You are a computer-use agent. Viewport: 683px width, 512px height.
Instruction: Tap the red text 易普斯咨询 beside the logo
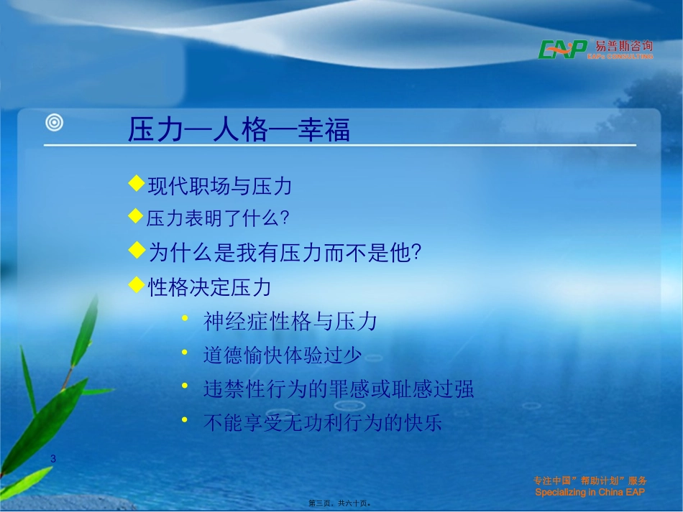click(620, 46)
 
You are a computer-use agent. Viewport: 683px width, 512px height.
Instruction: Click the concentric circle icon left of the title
click(55, 123)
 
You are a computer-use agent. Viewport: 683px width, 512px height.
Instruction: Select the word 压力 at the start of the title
click(152, 130)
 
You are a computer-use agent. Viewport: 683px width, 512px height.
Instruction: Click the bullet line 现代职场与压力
click(219, 187)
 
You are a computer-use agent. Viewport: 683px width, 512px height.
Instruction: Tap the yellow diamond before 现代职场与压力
click(136, 185)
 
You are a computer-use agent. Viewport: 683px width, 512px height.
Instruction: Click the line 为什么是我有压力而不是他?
click(284, 252)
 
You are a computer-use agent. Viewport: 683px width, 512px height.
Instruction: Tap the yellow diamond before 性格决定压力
click(136, 285)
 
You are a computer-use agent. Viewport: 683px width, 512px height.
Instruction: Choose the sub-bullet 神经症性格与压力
click(290, 322)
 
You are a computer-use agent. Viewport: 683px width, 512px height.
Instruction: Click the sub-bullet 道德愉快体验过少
click(282, 355)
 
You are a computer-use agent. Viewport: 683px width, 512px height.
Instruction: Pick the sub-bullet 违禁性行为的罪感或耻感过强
click(339, 389)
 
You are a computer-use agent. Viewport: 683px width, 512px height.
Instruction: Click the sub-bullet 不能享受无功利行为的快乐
click(323, 423)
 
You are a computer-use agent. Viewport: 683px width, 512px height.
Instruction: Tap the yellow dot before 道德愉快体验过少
click(185, 353)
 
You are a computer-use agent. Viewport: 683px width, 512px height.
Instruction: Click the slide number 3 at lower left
click(53, 458)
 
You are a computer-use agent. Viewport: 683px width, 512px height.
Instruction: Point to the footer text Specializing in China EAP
click(590, 493)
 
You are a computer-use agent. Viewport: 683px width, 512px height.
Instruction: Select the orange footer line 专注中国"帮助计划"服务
click(590, 481)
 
